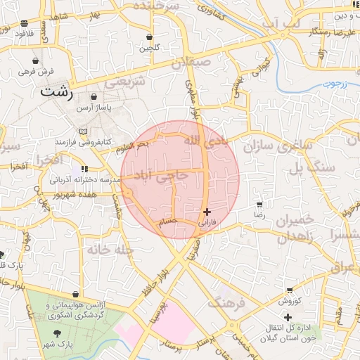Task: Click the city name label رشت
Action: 57,91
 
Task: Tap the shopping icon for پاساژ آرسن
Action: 94,97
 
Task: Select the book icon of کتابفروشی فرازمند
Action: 84,131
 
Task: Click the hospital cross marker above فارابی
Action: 206,212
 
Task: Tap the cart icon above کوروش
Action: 290,290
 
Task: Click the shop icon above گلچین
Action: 149,37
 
